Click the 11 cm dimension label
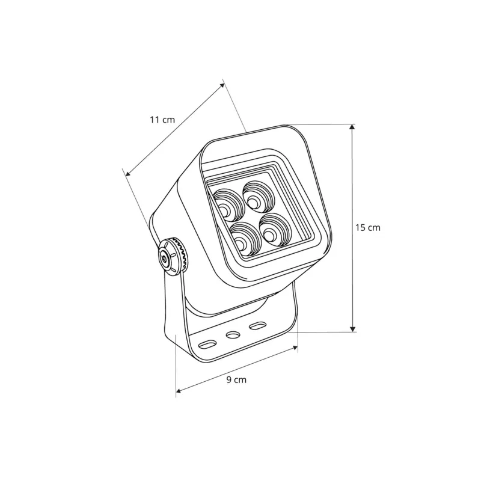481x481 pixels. click(162, 119)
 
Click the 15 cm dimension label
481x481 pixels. click(368, 228)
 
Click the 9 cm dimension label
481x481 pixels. click(236, 380)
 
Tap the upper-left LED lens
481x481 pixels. click(227, 205)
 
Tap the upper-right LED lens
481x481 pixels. click(257, 198)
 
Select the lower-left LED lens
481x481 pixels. click(244, 238)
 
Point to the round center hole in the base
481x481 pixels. click(233, 335)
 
